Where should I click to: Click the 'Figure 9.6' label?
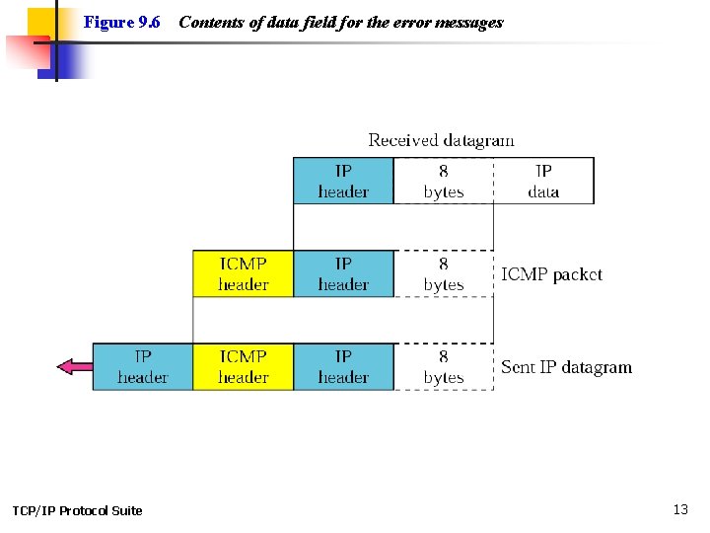122,22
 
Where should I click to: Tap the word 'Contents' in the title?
210,22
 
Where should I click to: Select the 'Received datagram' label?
441,140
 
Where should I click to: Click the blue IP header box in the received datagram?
343,181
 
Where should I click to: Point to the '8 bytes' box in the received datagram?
443,181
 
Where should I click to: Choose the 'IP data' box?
543,181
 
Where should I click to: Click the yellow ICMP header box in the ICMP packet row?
243,273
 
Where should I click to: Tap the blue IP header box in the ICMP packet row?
343,273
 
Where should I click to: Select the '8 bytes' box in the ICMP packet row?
443,273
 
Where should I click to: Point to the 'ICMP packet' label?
551,274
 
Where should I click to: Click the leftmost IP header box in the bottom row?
142,366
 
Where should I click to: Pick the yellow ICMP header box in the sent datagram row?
243,366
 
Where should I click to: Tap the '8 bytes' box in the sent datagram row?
443,366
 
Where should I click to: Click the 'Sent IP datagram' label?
566,367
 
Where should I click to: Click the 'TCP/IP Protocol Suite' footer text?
77,510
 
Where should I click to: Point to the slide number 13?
680,509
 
